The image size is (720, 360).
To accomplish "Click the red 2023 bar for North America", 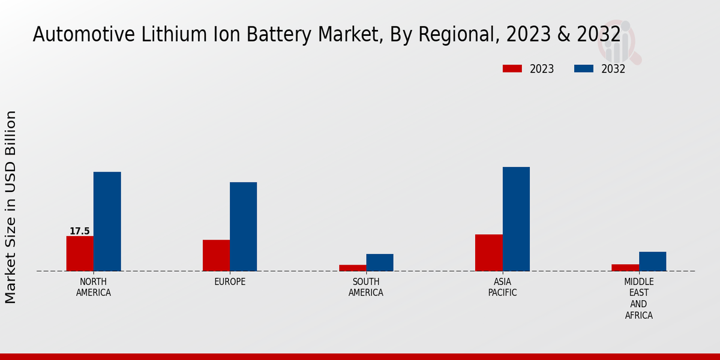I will click(80, 253).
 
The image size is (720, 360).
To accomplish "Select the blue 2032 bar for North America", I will click(107, 221).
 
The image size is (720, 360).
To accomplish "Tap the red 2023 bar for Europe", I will click(216, 255).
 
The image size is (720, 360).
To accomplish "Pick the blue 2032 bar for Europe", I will click(243, 226).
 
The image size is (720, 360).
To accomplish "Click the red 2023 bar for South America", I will click(352, 268).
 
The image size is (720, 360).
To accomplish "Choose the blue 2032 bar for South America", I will click(380, 262).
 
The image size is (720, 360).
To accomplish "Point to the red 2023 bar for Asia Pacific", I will click(488, 253).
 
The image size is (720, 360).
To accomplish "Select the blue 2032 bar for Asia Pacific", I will click(516, 219).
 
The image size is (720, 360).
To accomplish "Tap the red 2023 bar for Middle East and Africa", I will click(625, 268).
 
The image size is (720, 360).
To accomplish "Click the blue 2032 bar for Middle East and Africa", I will click(652, 261).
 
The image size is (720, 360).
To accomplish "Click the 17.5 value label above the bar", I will click(80, 231).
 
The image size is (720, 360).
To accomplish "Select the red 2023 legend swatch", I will click(512, 68).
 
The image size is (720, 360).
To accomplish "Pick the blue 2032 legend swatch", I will click(584, 68).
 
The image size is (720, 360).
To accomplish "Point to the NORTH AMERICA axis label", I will click(94, 287).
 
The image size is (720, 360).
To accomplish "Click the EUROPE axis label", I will click(230, 282).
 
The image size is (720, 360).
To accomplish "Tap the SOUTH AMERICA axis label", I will click(366, 287).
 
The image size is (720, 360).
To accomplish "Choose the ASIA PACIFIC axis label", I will click(502, 287).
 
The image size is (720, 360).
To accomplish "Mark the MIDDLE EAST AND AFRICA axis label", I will click(639, 298).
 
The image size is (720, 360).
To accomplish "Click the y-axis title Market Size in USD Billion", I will click(11, 206).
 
